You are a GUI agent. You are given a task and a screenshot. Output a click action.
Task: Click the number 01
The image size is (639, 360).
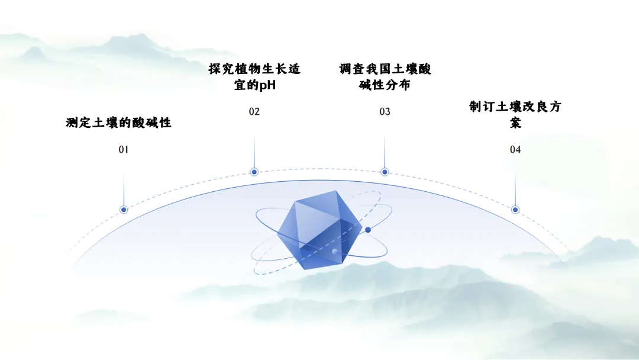[123, 150]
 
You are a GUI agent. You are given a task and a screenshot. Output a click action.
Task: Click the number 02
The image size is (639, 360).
[254, 112]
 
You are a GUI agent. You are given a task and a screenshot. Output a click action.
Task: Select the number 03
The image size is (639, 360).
[385, 112]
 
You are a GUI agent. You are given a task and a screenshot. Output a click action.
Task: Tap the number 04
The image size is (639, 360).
[515, 150]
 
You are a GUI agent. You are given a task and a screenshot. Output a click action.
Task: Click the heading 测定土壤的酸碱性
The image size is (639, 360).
[118, 123]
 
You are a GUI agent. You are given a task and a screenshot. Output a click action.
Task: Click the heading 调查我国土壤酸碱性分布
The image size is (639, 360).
[385, 77]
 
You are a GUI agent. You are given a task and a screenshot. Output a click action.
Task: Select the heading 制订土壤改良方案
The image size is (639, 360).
[515, 115]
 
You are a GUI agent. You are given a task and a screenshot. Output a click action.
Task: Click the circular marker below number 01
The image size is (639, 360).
[124, 210]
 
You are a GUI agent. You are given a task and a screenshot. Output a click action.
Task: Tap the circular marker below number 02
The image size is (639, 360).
[254, 172]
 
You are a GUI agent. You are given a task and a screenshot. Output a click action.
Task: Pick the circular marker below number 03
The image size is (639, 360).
[385, 172]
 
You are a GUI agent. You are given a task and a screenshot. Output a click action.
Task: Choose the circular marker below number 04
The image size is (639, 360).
[515, 210]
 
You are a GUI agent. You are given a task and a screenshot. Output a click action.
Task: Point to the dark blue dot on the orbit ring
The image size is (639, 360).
[368, 230]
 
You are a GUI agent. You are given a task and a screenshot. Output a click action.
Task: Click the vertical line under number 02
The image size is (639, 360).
[254, 151]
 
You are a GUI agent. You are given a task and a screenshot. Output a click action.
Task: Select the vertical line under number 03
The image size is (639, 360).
[385, 151]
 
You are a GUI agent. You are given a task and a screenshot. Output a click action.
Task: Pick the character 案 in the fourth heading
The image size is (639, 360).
[515, 123]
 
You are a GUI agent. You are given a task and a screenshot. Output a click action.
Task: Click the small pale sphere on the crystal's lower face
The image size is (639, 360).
[335, 252]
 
